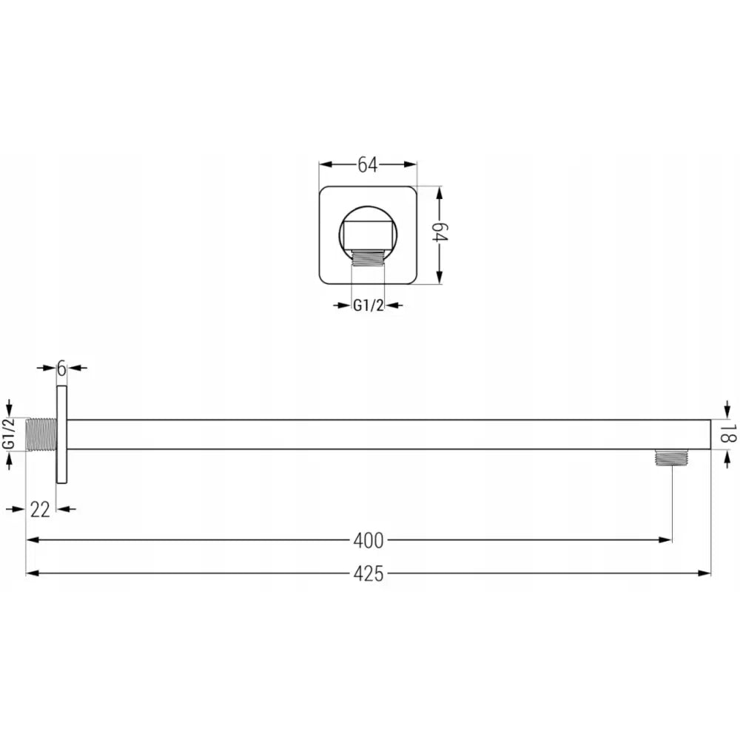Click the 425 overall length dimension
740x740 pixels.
click(368, 573)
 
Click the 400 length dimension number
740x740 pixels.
click(368, 541)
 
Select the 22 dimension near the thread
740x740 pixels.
click(41, 508)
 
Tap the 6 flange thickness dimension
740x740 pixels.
click(61, 367)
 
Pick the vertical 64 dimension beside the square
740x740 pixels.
click(440, 235)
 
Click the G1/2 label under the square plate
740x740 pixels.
click(368, 305)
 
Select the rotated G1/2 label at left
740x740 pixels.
click(9, 434)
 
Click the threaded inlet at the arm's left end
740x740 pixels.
click(41, 434)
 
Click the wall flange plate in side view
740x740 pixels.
click(61, 434)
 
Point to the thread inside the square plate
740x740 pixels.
click(368, 257)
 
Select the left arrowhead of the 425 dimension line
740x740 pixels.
click(31, 573)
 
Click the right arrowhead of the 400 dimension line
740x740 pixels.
click(667, 540)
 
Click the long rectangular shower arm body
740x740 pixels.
click(385, 434)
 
